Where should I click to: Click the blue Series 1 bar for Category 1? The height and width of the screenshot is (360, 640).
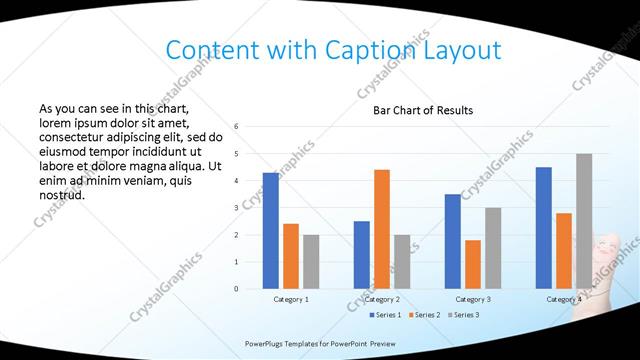(x=271, y=230)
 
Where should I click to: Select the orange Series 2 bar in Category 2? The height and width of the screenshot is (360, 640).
(x=382, y=229)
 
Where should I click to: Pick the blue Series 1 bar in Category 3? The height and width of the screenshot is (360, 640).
(x=452, y=241)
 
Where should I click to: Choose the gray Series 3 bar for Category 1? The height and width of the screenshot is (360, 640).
(x=311, y=261)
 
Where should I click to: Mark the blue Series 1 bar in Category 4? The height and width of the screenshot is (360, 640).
(x=543, y=227)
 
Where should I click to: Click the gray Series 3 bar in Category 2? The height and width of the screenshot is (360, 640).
(x=402, y=261)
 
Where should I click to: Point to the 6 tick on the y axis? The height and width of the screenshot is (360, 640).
(x=236, y=127)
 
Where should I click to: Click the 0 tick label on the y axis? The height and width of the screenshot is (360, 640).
(x=236, y=289)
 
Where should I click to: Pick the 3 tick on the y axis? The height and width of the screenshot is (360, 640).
(x=236, y=208)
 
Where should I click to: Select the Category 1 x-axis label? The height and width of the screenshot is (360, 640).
(x=291, y=299)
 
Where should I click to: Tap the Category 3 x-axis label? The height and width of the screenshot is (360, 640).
(x=473, y=299)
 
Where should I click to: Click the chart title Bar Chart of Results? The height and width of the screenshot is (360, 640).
(x=423, y=110)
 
